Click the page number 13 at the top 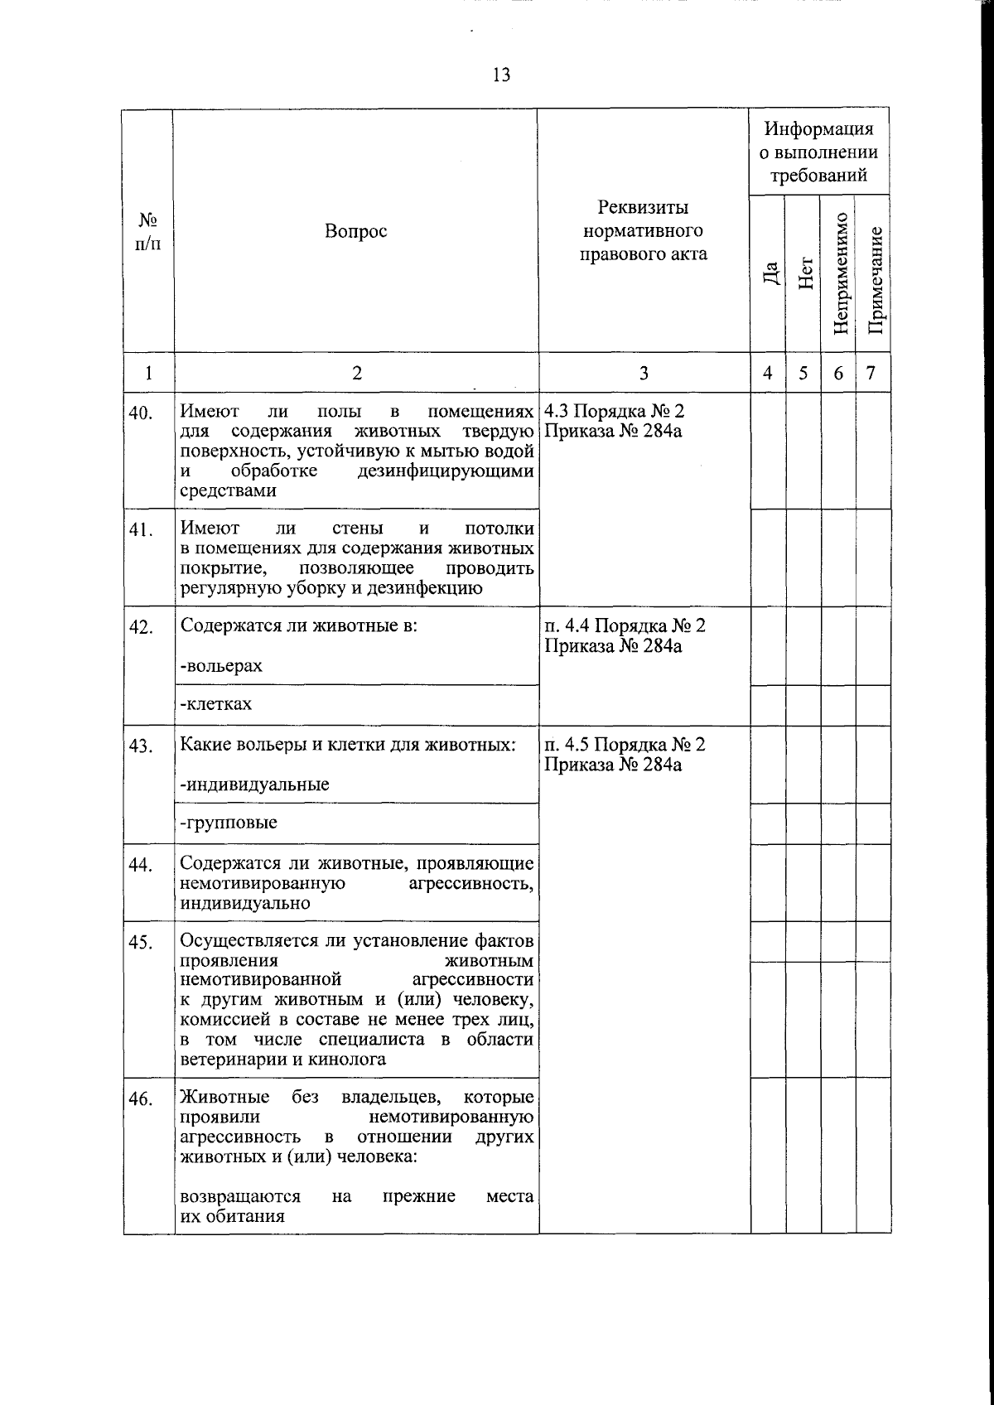point(501,75)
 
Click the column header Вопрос point(355,231)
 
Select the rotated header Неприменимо point(840,273)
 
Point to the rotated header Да point(770,274)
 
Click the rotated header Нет point(805,274)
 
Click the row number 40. point(142,412)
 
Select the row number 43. point(142,746)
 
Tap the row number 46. point(142,1099)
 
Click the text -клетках point(216,704)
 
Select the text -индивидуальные point(254,784)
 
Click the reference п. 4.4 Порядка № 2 point(625,625)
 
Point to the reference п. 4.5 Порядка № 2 point(625,744)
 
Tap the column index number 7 point(871,373)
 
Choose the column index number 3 point(644,374)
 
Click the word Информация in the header point(818,129)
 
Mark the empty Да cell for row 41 point(769,558)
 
